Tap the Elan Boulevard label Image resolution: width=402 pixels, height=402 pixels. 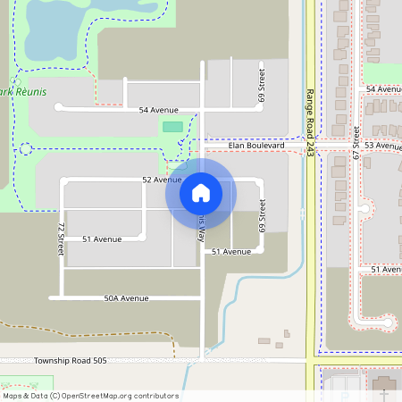[255, 145]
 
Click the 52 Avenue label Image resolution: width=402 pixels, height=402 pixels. [162, 180]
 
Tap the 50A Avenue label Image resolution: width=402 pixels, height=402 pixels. [126, 298]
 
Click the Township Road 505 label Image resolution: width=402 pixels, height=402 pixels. [71, 361]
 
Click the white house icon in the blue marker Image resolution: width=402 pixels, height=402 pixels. [200, 191]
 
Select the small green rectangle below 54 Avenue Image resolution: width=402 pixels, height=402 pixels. [172, 127]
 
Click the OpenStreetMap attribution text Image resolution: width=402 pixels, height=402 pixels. [90, 396]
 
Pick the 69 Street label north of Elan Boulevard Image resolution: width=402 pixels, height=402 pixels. [262, 84]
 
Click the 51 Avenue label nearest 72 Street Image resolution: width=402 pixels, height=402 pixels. [101, 239]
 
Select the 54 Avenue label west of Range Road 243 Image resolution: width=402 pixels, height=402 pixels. [158, 110]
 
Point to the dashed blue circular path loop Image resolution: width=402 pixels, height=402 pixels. [26, 148]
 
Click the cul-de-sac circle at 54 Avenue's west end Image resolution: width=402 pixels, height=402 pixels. [59, 107]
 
